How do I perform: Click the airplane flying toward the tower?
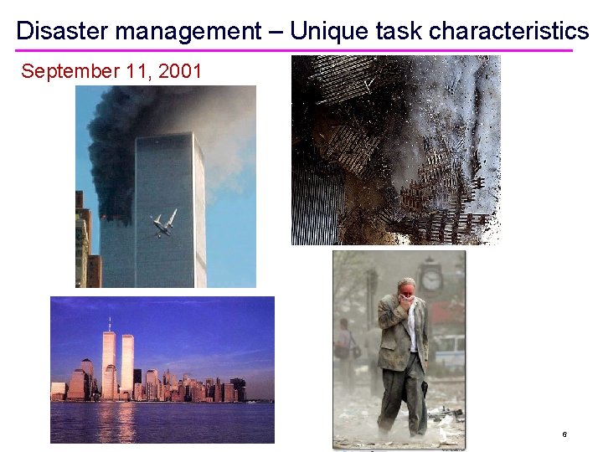pos(164,223)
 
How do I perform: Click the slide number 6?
pos(564,434)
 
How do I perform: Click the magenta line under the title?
pos(293,50)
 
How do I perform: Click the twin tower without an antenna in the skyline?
pos(127,363)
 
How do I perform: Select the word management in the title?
pos(188,32)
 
